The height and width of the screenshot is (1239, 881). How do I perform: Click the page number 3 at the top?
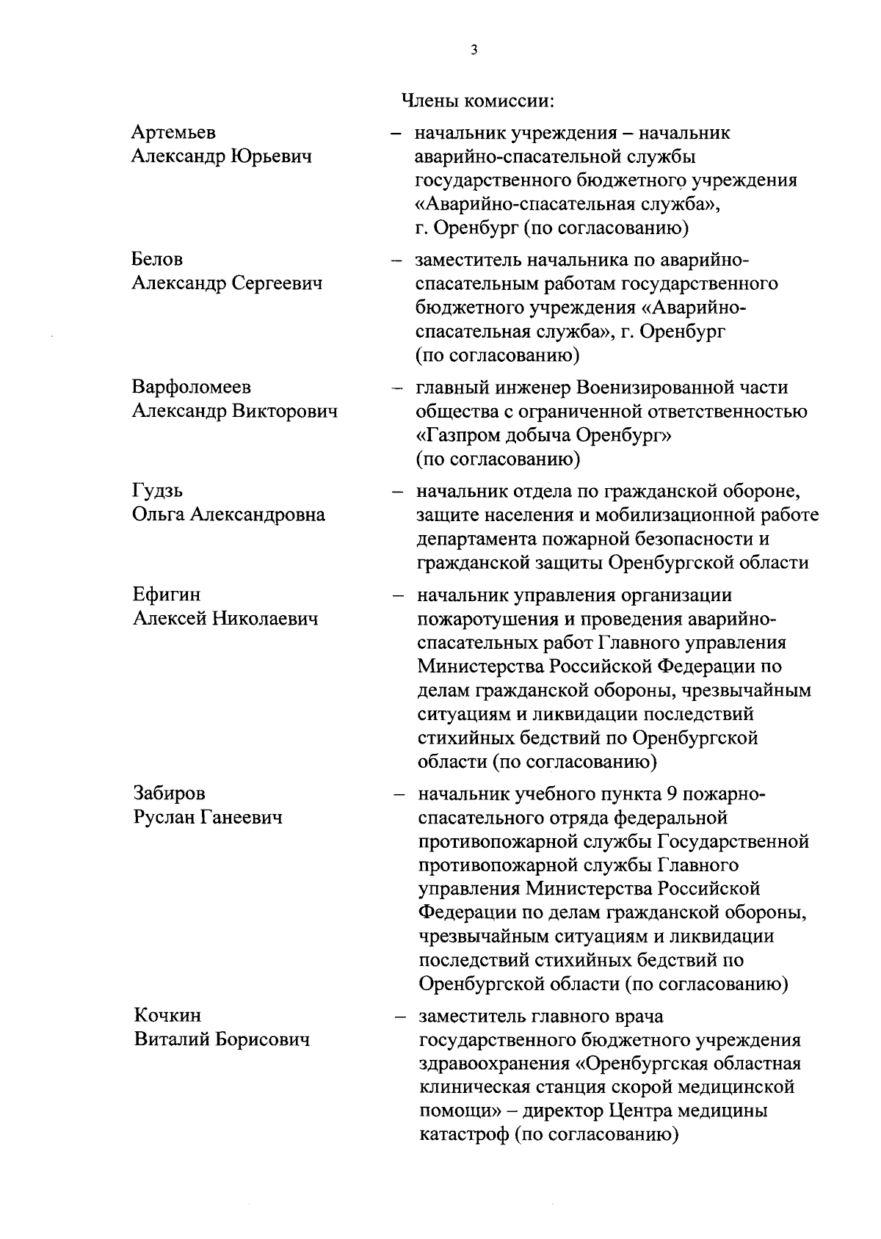point(474,51)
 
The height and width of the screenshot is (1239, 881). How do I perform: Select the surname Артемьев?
point(173,132)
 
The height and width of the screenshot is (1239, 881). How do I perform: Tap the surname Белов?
point(157,259)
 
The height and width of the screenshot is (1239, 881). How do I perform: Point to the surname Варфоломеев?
point(192,387)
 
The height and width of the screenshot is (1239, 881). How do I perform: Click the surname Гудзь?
point(158,490)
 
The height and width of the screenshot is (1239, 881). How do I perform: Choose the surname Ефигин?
point(166,594)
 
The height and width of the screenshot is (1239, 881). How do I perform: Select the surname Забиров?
point(169,793)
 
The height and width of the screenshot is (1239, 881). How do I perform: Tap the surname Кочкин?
point(167,1015)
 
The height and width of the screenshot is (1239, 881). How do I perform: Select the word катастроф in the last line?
point(463,1135)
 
